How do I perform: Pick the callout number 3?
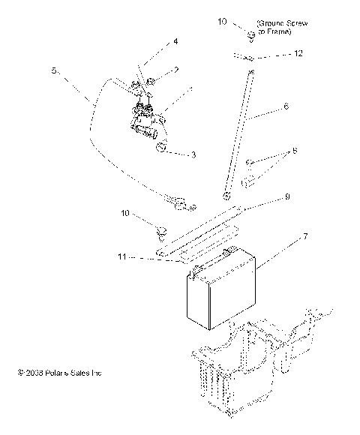(193, 154)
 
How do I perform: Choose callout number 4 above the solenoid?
(175, 43)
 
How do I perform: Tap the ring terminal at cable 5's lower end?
(181, 202)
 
